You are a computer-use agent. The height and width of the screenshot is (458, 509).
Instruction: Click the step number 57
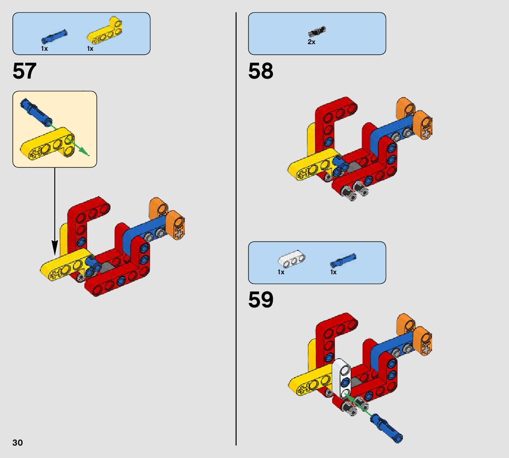[x=24, y=71]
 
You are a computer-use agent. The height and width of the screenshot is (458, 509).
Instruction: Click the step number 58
[x=260, y=71]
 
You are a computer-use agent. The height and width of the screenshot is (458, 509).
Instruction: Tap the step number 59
[x=260, y=300]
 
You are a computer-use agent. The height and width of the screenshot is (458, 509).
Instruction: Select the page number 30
[x=18, y=443]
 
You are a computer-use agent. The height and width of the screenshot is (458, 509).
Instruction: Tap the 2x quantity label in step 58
[x=311, y=42]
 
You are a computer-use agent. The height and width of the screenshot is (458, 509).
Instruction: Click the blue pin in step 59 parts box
[x=343, y=261]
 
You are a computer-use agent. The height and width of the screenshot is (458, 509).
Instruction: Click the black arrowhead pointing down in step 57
[x=54, y=248]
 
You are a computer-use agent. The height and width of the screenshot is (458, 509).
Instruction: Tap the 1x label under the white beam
[x=281, y=272]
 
